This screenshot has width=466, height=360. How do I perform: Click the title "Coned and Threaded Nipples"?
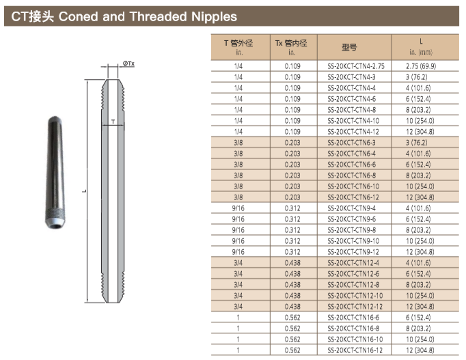click(x=148, y=16)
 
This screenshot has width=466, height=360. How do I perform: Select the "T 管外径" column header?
click(x=238, y=43)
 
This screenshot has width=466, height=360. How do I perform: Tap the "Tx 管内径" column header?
click(x=291, y=43)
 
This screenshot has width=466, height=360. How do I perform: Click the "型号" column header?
click(x=349, y=47)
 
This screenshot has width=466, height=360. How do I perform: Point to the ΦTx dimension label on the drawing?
click(x=128, y=64)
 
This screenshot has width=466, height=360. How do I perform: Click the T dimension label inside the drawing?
click(x=113, y=122)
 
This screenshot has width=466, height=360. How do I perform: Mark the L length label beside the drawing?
click(x=85, y=191)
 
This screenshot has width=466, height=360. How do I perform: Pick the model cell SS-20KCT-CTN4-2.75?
click(x=356, y=66)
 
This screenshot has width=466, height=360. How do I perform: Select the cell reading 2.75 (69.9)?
click(x=421, y=66)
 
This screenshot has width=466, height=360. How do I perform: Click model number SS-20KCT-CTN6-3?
click(x=351, y=143)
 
